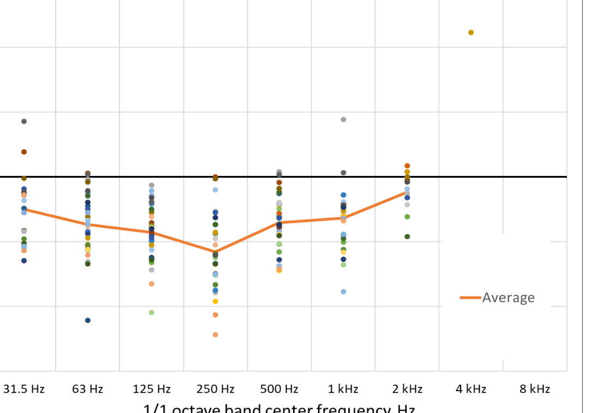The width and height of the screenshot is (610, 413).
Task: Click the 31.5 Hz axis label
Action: [x=24, y=389]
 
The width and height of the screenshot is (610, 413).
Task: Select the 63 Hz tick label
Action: [x=87, y=389]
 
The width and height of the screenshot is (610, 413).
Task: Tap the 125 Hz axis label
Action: [x=152, y=389]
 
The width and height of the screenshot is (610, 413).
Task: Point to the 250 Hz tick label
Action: [x=216, y=389]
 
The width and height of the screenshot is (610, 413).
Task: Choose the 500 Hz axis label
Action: [x=279, y=389]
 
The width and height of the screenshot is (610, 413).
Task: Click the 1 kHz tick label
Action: [x=343, y=389]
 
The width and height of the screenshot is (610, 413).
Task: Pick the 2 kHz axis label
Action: [x=407, y=389]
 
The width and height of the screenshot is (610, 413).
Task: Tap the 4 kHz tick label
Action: [x=471, y=389]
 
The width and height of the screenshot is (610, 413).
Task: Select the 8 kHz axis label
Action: [x=535, y=389]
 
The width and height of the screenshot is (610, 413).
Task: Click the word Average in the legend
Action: [x=508, y=297]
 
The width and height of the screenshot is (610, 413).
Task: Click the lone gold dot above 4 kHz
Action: [x=471, y=33]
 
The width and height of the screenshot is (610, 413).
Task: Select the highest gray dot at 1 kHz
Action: [x=343, y=119]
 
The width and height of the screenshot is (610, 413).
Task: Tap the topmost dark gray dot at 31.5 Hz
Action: [x=24, y=121]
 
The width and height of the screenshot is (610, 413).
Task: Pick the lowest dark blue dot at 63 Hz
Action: [x=88, y=320]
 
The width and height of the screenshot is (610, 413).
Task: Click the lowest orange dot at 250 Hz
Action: [x=216, y=335]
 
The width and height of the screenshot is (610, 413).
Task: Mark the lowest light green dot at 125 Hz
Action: [x=152, y=312]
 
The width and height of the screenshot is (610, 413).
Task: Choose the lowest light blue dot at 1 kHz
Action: [x=343, y=291]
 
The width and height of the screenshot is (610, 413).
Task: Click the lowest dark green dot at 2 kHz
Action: [x=407, y=236]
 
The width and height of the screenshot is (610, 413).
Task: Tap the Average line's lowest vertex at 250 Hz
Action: [x=216, y=252]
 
